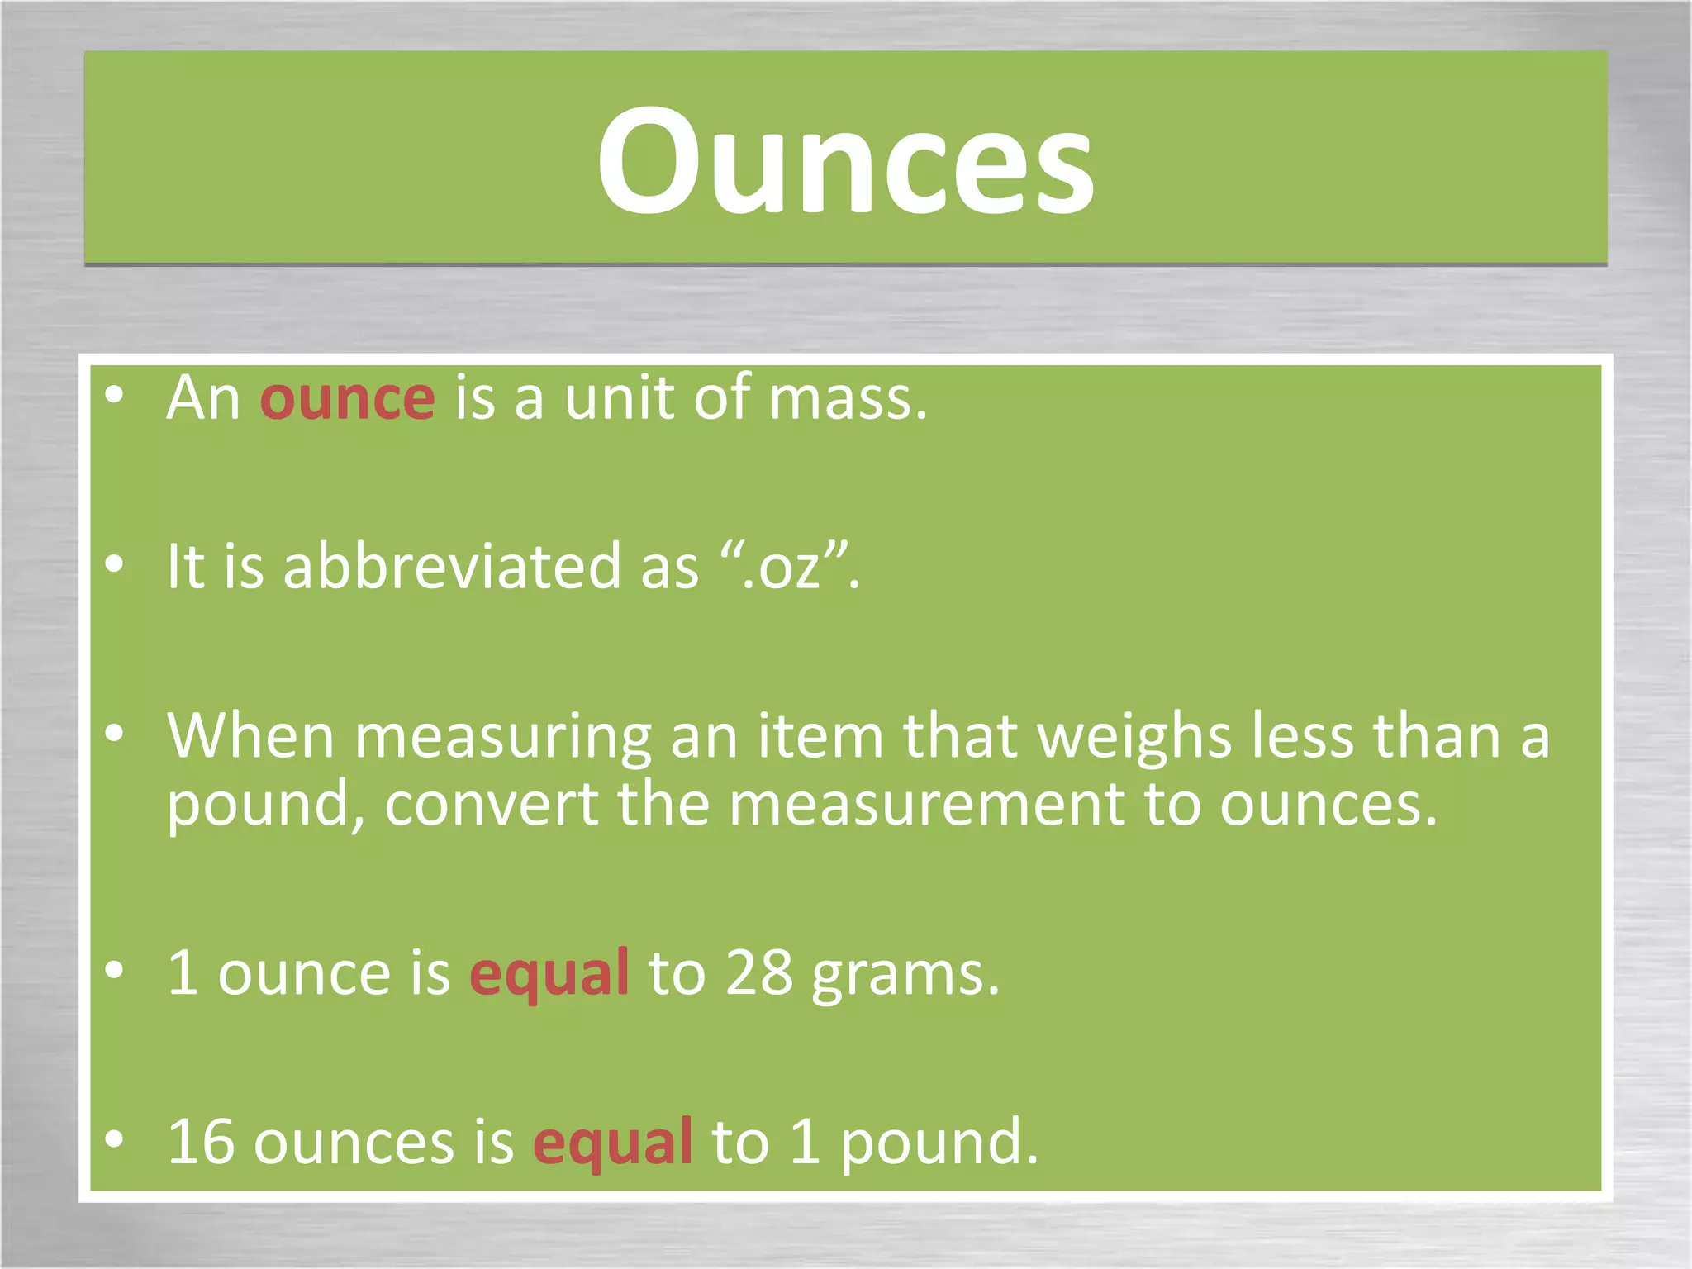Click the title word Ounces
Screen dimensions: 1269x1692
(845, 161)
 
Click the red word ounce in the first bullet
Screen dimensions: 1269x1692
(347, 399)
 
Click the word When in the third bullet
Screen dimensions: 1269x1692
(250, 735)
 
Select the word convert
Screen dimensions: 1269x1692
(492, 805)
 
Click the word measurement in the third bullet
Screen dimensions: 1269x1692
(925, 805)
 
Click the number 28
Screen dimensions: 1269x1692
(758, 973)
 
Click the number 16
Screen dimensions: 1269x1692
(201, 1143)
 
